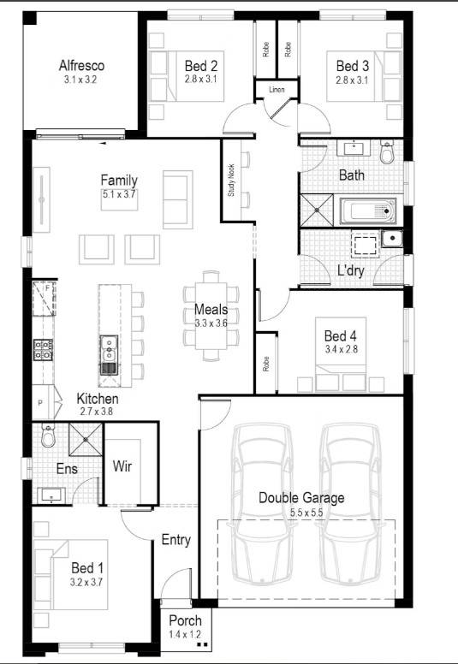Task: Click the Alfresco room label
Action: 81,65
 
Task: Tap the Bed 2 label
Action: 201,65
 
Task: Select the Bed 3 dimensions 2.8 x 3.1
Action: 352,80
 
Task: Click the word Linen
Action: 276,89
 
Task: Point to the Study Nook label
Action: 231,181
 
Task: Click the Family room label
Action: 119,180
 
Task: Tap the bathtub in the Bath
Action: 368,210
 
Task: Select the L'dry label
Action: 351,270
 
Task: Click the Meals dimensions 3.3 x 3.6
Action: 211,323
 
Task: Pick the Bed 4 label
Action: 340,335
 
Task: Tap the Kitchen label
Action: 98,399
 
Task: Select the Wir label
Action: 122,467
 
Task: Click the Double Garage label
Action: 301,497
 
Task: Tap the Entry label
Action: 175,540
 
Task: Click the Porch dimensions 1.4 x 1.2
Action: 185,635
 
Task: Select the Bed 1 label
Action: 87,567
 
